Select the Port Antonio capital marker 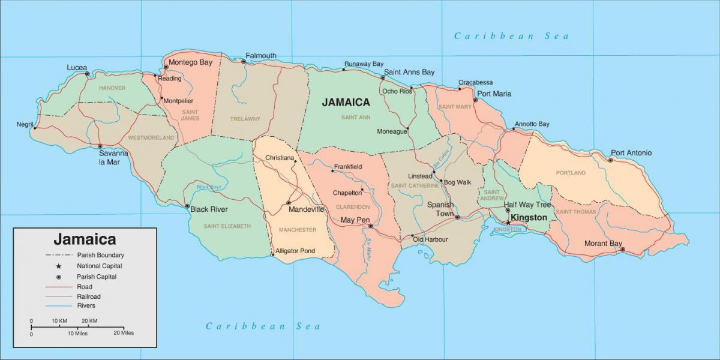click(611, 160)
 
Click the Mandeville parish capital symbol click(289, 203)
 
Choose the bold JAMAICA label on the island click(346, 102)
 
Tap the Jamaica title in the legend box click(85, 239)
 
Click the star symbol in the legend click(59, 266)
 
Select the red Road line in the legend click(59, 287)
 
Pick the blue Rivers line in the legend click(59, 307)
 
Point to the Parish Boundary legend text click(100, 255)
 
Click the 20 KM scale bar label click(89, 321)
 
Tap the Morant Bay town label click(603, 244)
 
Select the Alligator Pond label click(295, 251)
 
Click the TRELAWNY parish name click(245, 119)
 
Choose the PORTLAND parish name click(571, 173)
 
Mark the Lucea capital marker click(88, 74)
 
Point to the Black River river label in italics click(209, 187)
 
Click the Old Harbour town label click(430, 239)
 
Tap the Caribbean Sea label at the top click(511, 36)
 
